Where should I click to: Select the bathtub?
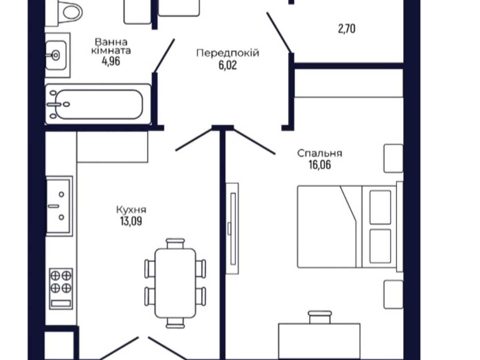pyautogui.click(x=98, y=104)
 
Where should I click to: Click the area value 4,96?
pyautogui.click(x=111, y=62)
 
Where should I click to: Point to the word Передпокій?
pyautogui.click(x=228, y=53)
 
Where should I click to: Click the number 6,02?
pyautogui.click(x=228, y=65)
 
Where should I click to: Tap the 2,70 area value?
pyautogui.click(x=347, y=29)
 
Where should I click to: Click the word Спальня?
pyautogui.click(x=320, y=154)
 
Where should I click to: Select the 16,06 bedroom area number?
pyautogui.click(x=320, y=165)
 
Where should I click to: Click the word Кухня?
pyautogui.click(x=131, y=210)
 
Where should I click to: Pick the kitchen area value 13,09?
pyautogui.click(x=131, y=221)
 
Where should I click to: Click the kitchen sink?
pyautogui.click(x=59, y=206)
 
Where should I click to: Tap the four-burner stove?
pyautogui.click(x=61, y=289)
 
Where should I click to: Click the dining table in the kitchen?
pyautogui.click(x=175, y=283)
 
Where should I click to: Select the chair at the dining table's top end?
pyautogui.click(x=175, y=244)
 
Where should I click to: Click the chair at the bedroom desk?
pyautogui.click(x=320, y=317)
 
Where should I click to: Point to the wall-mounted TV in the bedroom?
pyautogui.click(x=232, y=228)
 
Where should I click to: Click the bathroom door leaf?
pyautogui.click(x=164, y=56)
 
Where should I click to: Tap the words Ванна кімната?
pyautogui.click(x=111, y=46)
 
